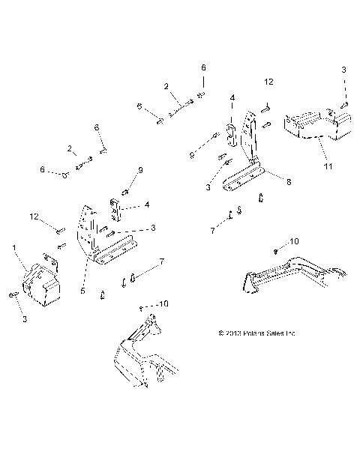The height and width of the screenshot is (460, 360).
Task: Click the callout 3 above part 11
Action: pos(344,70)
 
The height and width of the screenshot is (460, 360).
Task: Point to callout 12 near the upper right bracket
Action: pos(268,80)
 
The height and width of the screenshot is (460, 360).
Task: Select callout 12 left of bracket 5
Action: pos(33,217)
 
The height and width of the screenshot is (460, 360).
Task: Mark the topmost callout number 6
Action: pos(202,68)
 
